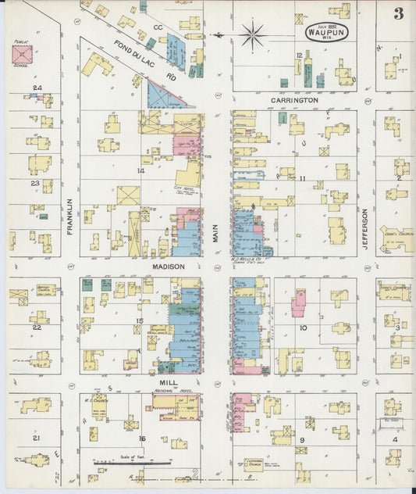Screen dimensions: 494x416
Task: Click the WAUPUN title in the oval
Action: (327, 33)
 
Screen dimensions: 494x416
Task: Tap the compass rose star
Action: (253, 34)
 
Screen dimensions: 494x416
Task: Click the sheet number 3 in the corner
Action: (399, 13)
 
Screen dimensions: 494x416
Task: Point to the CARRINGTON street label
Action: (294, 101)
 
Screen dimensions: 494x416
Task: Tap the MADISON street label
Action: (168, 267)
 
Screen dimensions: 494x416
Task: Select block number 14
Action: (141, 170)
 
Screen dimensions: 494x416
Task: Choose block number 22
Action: (36, 327)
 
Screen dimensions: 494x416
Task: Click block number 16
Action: (141, 439)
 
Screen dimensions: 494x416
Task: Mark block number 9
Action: (301, 440)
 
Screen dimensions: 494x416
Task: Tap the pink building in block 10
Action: (298, 302)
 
